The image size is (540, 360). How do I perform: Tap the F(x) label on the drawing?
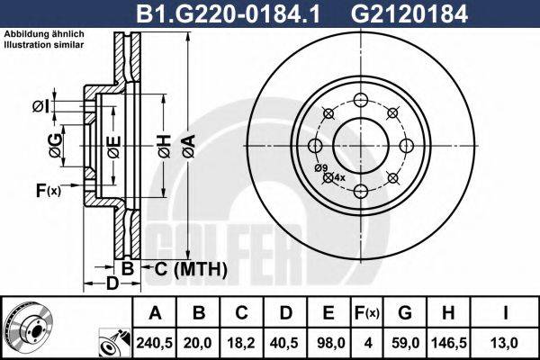47,190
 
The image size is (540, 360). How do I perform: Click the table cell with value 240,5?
155,341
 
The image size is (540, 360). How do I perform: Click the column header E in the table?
328,313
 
